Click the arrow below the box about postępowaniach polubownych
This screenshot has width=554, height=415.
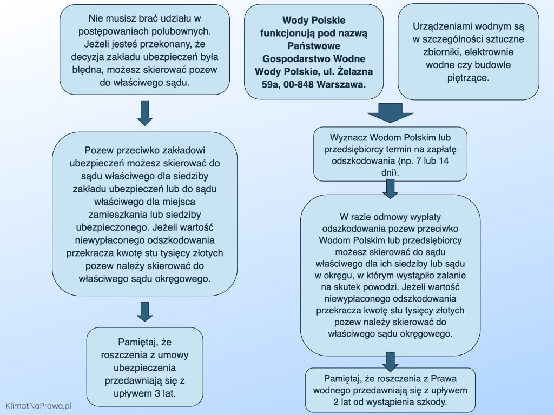coord(144,112)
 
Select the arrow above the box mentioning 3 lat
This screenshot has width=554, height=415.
coord(144,311)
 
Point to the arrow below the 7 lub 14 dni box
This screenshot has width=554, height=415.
coord(390,188)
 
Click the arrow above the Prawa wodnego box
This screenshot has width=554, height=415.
coord(390,360)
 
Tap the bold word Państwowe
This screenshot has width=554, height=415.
coord(313,46)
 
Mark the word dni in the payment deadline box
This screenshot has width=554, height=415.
coord(390,172)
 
